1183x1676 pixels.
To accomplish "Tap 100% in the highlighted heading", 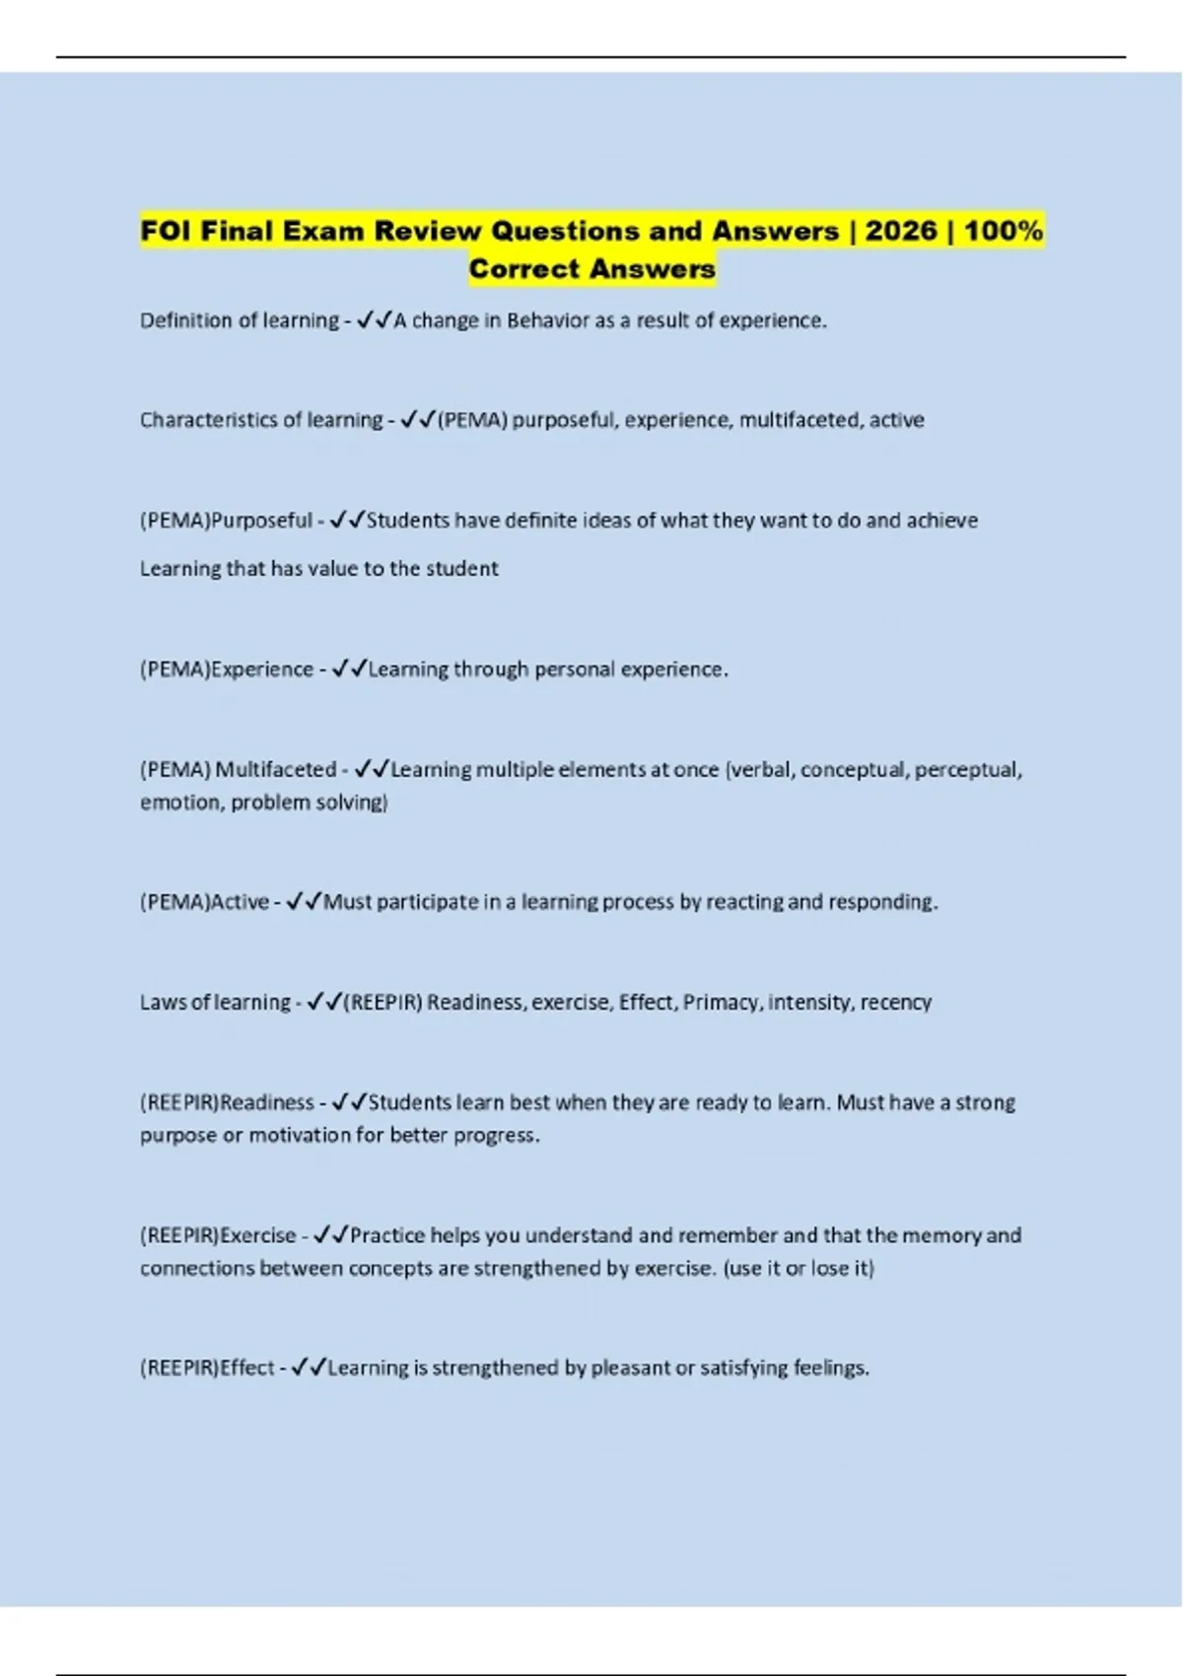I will (1004, 231).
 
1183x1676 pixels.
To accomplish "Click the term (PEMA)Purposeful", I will (226, 521).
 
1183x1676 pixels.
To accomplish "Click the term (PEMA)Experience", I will (227, 669).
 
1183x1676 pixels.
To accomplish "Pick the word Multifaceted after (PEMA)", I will (276, 770).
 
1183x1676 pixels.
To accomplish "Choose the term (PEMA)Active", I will (204, 902).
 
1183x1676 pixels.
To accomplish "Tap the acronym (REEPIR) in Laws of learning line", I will (383, 1003).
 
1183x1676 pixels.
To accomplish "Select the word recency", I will (895, 1003).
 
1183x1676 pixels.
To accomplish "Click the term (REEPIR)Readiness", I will (227, 1102).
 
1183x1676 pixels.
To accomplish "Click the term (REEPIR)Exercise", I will (218, 1235).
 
